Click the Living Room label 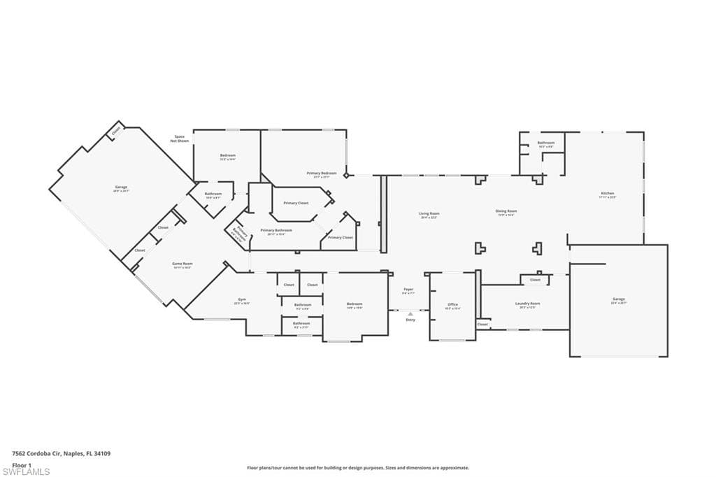(429, 214)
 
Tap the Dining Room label (506, 212)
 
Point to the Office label (452, 305)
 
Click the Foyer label (408, 290)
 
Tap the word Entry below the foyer (410, 320)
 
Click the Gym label (241, 300)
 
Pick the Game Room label (182, 264)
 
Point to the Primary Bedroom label (322, 173)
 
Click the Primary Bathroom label (276, 230)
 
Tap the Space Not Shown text (180, 138)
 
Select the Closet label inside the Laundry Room (535, 280)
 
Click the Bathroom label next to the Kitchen (545, 143)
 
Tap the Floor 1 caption (22, 464)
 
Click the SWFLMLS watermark (26, 471)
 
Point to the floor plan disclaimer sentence (357, 468)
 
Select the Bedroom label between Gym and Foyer (355, 304)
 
